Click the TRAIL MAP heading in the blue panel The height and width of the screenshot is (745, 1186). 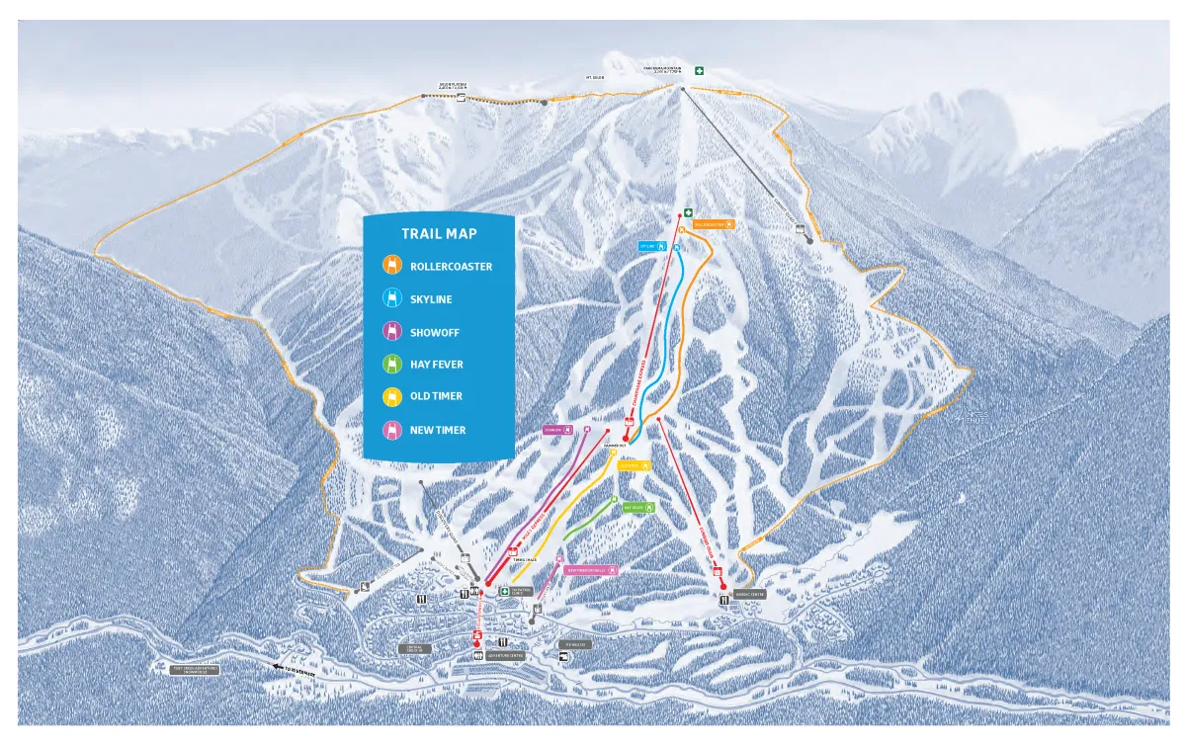[439, 234]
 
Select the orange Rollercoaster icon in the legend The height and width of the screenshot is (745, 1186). [392, 266]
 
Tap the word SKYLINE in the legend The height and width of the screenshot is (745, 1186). [431, 299]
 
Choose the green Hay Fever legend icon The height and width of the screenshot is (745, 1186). [392, 365]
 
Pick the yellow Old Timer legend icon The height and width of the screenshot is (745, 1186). [392, 396]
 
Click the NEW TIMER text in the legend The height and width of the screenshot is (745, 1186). [438, 431]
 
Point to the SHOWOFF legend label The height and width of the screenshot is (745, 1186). [435, 333]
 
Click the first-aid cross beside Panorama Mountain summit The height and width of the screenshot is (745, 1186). [699, 71]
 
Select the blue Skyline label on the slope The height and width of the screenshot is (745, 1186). [651, 246]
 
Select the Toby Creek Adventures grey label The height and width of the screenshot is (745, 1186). [194, 669]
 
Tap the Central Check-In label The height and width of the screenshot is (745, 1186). [416, 649]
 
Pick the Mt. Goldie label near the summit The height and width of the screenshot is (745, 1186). [595, 77]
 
